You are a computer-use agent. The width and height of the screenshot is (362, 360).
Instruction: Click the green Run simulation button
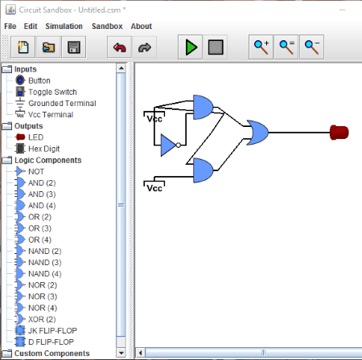coord(190,47)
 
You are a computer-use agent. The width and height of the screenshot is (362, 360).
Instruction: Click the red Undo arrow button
coord(119,47)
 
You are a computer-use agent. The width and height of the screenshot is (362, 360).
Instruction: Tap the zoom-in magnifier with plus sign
coord(261,47)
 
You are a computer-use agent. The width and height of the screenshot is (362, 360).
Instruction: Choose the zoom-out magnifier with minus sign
coord(311,47)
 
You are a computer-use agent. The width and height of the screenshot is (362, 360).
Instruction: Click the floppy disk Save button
coord(74,47)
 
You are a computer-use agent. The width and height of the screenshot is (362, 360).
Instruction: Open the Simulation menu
coord(64,27)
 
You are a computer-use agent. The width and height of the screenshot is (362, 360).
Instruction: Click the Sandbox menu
coord(107,27)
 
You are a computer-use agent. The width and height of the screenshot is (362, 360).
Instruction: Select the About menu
coord(142,27)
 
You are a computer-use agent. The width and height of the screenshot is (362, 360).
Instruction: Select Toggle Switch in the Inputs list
coord(52,92)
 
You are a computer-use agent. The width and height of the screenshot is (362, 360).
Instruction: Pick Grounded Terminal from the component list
coord(62,103)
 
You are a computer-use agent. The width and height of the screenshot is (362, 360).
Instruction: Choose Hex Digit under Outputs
coord(44,149)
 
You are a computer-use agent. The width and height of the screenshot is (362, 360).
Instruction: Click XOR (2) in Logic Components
coord(42,319)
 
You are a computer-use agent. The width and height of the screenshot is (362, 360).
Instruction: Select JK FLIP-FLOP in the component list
coord(52,330)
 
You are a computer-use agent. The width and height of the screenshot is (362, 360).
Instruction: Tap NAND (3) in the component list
coord(44,263)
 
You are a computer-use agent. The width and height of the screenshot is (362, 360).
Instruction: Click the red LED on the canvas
coord(339,133)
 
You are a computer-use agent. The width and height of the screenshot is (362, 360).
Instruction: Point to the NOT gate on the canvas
coord(169,145)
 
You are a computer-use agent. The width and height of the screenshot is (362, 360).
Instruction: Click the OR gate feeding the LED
coord(257,133)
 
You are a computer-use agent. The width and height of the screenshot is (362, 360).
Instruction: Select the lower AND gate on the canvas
coord(203,170)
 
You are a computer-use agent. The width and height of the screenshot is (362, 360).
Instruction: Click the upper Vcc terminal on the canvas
coord(154,117)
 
